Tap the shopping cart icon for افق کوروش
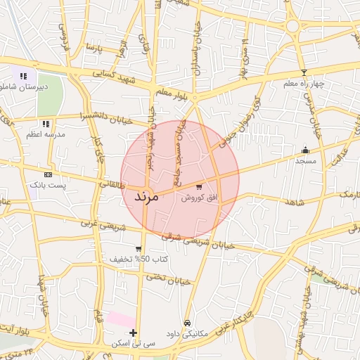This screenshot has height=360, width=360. coord(200,187)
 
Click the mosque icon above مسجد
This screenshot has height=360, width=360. coord(305,150)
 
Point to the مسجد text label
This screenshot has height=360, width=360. coord(305,161)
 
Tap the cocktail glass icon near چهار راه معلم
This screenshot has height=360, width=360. coord(304,72)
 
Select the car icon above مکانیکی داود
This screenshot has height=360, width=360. coord(186,323)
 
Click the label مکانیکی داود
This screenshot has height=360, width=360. coord(186,334)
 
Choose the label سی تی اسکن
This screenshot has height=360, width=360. coord(134,344)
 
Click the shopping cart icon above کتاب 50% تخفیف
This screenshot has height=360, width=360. coord(139,248)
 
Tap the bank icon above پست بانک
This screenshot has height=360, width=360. coord(48,174)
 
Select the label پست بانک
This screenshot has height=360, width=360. coord(48,185)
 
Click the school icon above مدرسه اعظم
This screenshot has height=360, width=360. coord(46,123)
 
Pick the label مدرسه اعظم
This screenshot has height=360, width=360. coord(46,134)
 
